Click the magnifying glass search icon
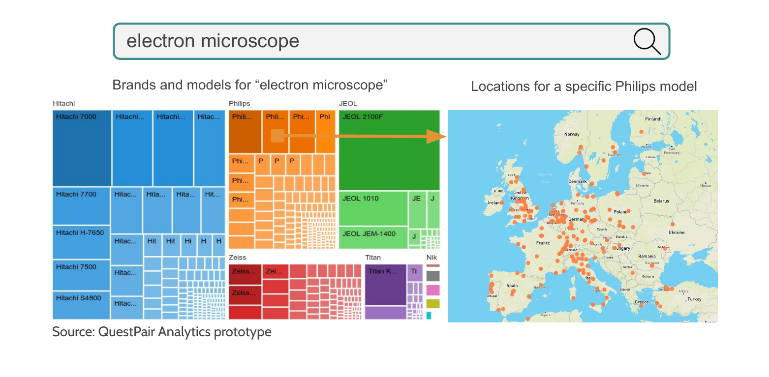click(646, 41)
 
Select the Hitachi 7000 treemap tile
click(82, 147)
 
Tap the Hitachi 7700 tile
click(81, 205)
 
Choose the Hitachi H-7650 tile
click(81, 242)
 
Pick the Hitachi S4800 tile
click(81, 305)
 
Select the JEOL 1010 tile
click(373, 208)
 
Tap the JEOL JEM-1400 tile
click(373, 237)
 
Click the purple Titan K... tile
click(385, 284)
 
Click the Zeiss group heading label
click(238, 257)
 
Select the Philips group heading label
click(240, 104)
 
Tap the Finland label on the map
click(652, 119)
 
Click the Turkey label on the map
click(694, 299)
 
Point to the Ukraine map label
click(677, 232)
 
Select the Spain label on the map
click(512, 286)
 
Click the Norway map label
click(572, 134)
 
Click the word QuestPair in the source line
click(126, 332)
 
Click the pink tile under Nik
click(433, 290)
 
